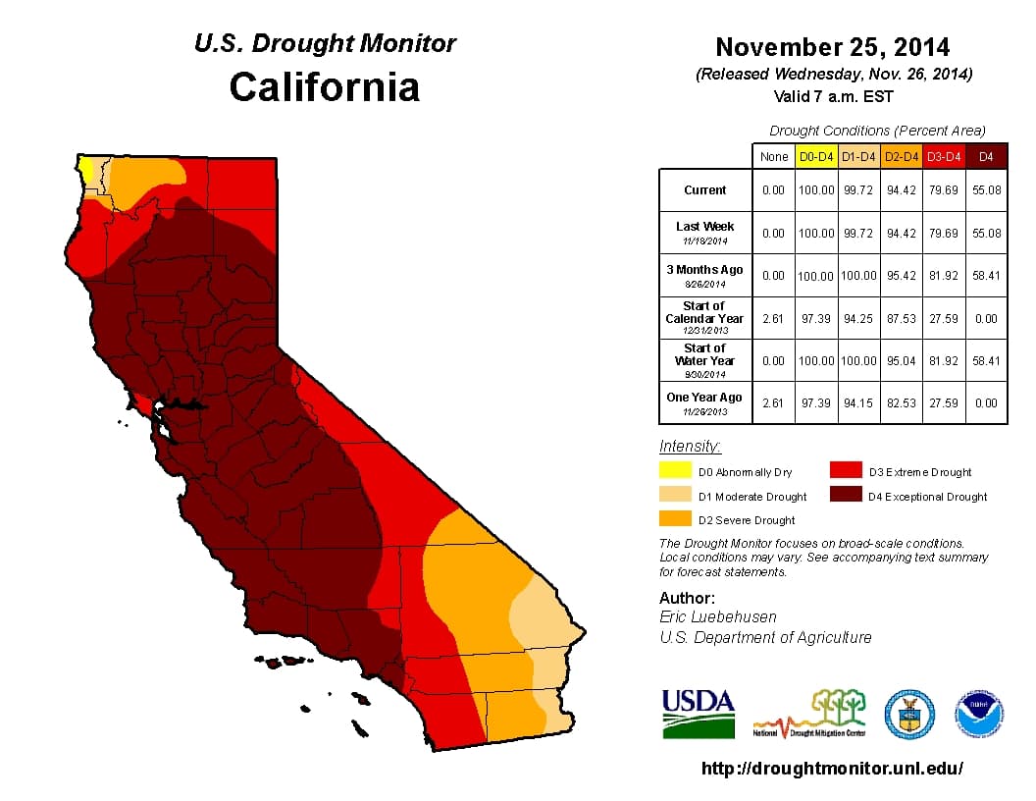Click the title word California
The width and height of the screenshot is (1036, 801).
325,86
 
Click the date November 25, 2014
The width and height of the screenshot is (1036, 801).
832,47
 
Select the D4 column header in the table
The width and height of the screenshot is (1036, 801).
986,156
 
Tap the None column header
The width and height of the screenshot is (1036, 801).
773,156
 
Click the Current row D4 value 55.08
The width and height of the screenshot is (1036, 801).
986,190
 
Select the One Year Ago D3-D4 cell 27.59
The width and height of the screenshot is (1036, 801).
944,403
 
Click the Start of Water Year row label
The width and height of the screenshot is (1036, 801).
705,360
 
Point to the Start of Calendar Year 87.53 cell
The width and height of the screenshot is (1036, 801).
902,318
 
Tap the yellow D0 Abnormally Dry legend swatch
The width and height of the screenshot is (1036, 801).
676,472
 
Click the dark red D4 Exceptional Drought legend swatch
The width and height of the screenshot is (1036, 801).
846,496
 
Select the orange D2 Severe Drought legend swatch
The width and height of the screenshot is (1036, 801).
676,519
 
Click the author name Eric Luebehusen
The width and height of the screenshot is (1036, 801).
718,616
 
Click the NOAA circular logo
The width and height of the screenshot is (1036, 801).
980,715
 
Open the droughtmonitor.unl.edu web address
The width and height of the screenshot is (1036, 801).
832,769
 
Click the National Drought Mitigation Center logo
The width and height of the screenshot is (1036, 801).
810,715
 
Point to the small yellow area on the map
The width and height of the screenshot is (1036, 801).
87,169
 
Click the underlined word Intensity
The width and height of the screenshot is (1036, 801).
690,447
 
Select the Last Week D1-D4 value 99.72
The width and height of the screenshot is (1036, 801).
858,233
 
